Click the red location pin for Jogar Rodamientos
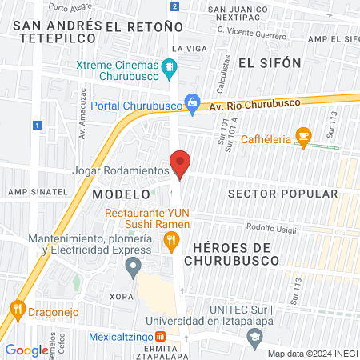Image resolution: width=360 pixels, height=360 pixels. click(181, 163)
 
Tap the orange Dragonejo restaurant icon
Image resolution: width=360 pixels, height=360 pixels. click(17, 308)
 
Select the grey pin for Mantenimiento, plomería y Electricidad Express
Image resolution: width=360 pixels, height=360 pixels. click(134, 266)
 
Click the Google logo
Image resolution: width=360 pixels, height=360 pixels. click(26, 350)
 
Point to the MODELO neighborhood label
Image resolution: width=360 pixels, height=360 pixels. click(121, 194)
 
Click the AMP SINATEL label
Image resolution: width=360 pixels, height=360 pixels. click(34, 192)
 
